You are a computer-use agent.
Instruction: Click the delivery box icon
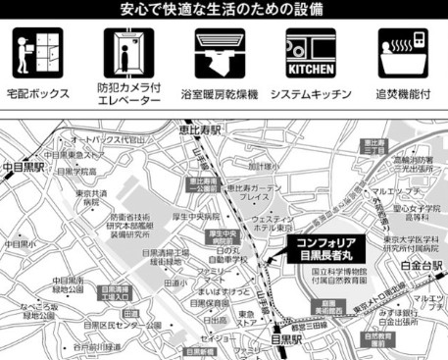click(37, 50)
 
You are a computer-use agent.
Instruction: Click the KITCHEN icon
click(311, 50)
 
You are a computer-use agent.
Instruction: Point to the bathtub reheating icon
click(402, 50)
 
